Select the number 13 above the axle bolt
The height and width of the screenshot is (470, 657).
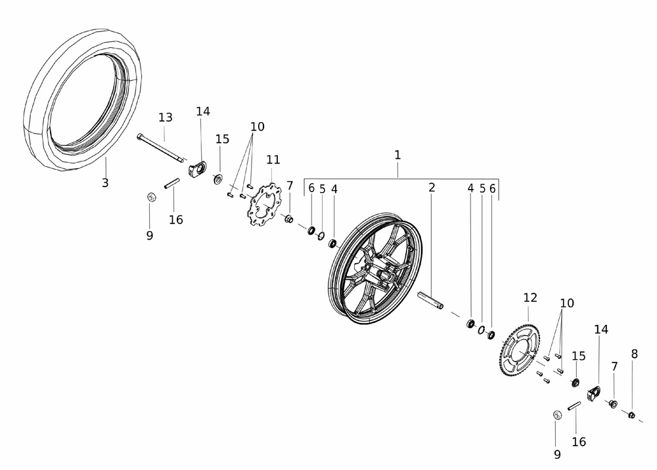pyautogui.click(x=165, y=117)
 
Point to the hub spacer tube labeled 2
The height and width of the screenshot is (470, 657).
pyautogui.click(x=431, y=299)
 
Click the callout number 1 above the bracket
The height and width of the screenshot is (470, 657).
pyautogui.click(x=397, y=155)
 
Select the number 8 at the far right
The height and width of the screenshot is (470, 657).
pyautogui.click(x=634, y=354)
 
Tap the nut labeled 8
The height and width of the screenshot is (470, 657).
pyautogui.click(x=632, y=414)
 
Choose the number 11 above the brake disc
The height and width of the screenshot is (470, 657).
pyautogui.click(x=273, y=160)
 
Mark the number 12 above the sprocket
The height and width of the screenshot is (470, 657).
pyautogui.click(x=530, y=298)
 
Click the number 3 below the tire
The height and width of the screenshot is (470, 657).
pyautogui.click(x=105, y=183)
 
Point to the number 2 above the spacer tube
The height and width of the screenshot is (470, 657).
pyautogui.click(x=432, y=188)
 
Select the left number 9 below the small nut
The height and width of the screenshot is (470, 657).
pyautogui.click(x=150, y=235)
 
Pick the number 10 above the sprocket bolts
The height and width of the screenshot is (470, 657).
pyautogui.click(x=567, y=303)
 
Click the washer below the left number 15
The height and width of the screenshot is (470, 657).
pyautogui.click(x=218, y=177)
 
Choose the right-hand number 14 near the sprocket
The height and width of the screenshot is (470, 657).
pyautogui.click(x=601, y=330)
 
